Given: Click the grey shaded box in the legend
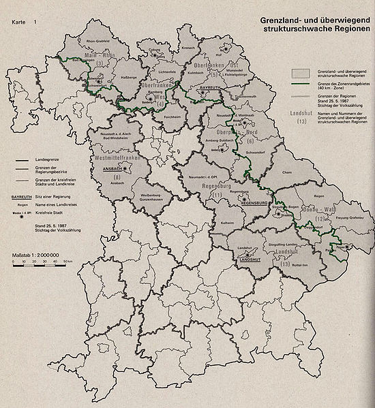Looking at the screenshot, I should [301, 72].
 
